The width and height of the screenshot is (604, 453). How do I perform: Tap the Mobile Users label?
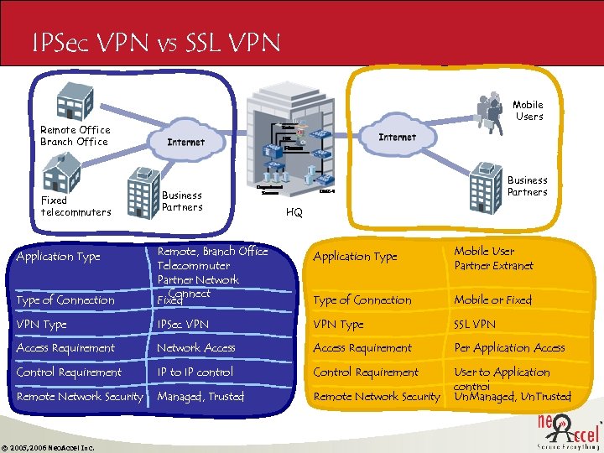click(528, 111)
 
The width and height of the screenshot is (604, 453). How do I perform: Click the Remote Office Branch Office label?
click(75, 136)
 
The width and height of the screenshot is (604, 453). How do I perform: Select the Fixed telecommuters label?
click(75, 206)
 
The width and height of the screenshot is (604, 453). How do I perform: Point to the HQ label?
click(294, 213)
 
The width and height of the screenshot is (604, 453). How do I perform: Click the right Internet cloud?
click(397, 137)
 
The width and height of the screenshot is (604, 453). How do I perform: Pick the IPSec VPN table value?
click(183, 324)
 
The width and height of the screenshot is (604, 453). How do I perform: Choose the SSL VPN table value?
click(475, 324)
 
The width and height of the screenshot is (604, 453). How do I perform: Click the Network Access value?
click(196, 347)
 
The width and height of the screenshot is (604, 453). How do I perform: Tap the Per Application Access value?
click(509, 347)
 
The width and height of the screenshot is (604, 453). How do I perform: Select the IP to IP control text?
click(195, 372)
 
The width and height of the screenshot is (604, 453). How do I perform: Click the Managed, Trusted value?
click(200, 396)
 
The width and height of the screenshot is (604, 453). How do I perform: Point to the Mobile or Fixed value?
click(492, 299)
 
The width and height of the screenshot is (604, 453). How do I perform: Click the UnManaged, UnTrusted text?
click(512, 397)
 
